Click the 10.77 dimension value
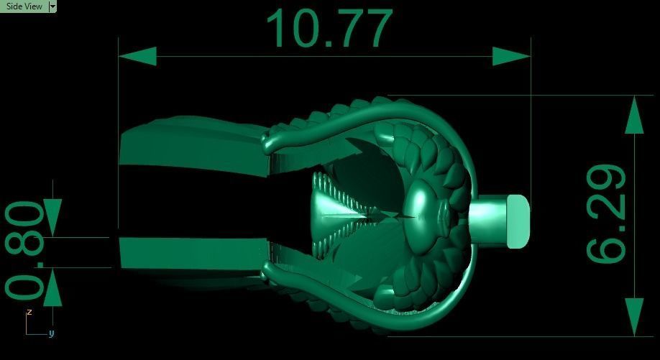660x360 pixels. [x=329, y=28]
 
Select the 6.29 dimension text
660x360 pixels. [x=606, y=213]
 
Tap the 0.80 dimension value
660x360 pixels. [x=24, y=250]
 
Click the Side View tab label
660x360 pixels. [x=24, y=6]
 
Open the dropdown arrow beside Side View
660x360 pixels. [x=52, y=6]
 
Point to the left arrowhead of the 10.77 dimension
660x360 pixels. [x=137, y=56]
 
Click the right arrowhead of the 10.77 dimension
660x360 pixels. [x=511, y=56]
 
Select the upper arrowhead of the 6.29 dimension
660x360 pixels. [x=634, y=115]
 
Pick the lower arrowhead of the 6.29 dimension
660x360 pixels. [x=634, y=317]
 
